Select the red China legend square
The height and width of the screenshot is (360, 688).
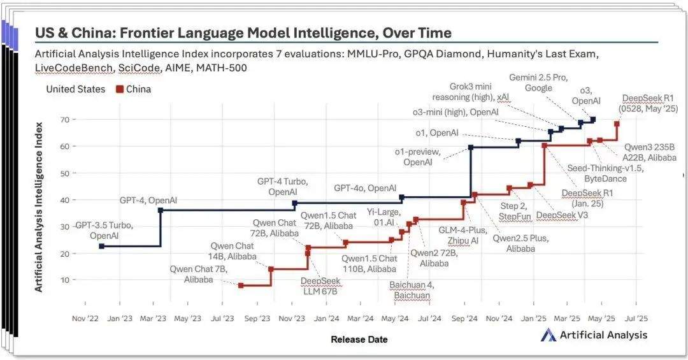[x=118, y=89]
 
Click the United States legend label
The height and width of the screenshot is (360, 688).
[x=75, y=89]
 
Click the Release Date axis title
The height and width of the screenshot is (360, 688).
[x=359, y=340]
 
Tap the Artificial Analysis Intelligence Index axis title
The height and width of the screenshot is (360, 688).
[x=39, y=205]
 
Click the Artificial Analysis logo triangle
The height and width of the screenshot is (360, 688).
[x=548, y=335]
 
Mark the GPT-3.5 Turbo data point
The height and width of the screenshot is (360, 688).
[x=102, y=246]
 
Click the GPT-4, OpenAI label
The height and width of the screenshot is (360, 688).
[x=148, y=201]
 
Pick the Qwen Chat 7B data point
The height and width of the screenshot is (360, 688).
[x=241, y=285]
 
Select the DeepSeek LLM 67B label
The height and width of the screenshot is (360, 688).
[x=319, y=287]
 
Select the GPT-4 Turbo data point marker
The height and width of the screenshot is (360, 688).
[x=294, y=204]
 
